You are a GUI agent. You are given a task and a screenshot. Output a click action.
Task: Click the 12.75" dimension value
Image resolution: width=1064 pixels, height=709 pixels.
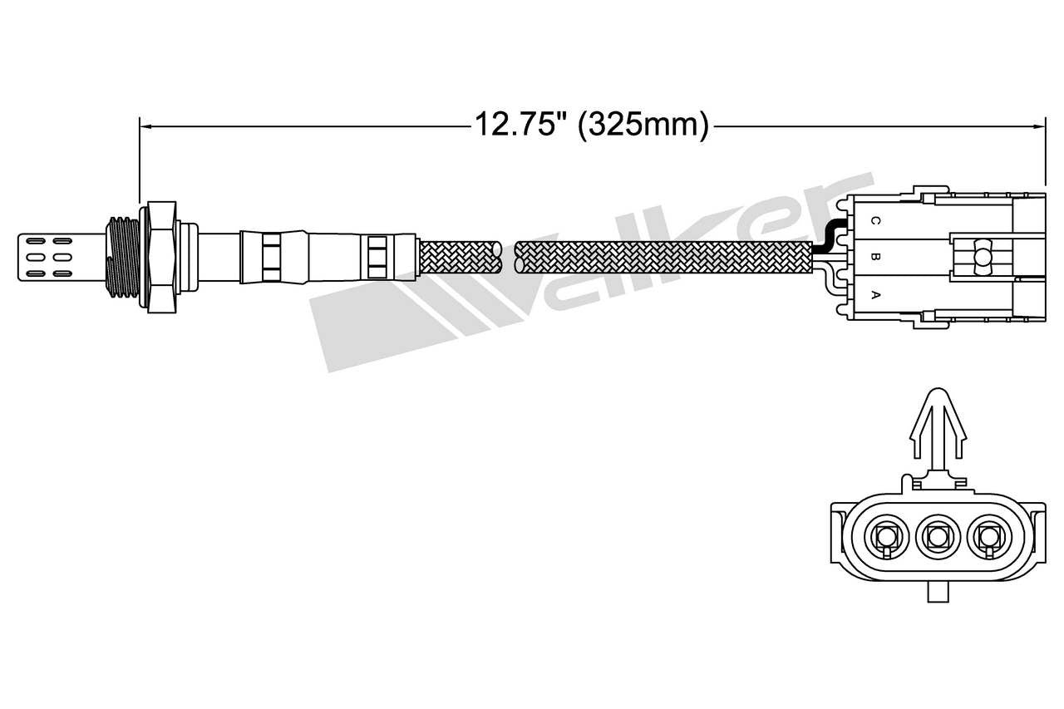pos(520,125)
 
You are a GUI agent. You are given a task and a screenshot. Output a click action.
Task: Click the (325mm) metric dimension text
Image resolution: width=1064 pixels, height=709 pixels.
pos(643,125)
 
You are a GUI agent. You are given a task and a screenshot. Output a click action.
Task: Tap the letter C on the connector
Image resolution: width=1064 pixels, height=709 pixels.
pos(874,221)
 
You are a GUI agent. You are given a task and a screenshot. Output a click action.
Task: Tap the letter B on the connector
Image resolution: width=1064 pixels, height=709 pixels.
pos(874,257)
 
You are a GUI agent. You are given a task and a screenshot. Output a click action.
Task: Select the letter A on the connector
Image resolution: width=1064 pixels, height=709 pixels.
pos(874,294)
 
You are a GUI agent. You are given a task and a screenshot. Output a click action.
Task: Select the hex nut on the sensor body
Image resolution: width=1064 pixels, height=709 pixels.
pos(161,257)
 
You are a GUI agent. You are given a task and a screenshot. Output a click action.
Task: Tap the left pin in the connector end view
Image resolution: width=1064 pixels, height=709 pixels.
pos(886,538)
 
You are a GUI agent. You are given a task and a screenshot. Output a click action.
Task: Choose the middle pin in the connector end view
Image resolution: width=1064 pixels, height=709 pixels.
pos(938,538)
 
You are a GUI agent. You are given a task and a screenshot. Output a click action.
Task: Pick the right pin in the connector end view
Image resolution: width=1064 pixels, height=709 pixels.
pos(988,538)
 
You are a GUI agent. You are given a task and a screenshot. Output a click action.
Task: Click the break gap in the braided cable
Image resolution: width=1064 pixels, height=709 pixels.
pos(509,257)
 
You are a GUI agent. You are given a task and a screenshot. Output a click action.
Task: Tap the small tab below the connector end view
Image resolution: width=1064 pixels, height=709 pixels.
pos(938,591)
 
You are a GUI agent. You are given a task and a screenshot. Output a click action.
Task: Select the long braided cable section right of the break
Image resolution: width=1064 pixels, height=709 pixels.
pos(665,257)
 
